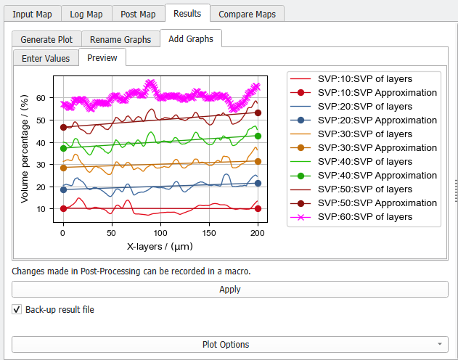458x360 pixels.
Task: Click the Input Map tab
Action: (33, 14)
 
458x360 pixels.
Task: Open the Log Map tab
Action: (86, 14)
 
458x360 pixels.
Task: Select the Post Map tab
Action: (139, 14)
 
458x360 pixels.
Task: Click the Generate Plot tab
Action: (46, 39)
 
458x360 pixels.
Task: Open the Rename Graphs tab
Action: (120, 39)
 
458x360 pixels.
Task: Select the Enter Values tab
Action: (46, 58)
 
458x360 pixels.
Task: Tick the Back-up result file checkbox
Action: (17, 310)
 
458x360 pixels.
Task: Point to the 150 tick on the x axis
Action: (209, 233)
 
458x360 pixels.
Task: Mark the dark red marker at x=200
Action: (258, 112)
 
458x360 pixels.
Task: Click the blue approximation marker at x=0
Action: (63, 189)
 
